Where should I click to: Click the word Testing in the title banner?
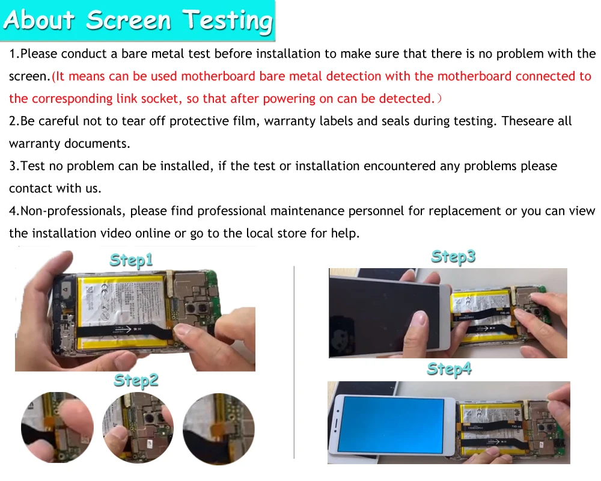pos(227,21)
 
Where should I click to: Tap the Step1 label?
pos(131,260)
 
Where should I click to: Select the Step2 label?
pos(136,381)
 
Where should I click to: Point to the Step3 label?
pos(453,257)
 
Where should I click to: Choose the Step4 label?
pos(449,369)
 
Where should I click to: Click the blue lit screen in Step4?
pos(391,425)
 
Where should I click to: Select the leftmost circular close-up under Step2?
pos(57,427)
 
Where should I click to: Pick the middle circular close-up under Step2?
pos(138,427)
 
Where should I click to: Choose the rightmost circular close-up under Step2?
pos(219,429)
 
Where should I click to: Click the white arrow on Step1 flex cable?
pos(121,329)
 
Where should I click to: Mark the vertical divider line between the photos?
pos(294,362)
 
